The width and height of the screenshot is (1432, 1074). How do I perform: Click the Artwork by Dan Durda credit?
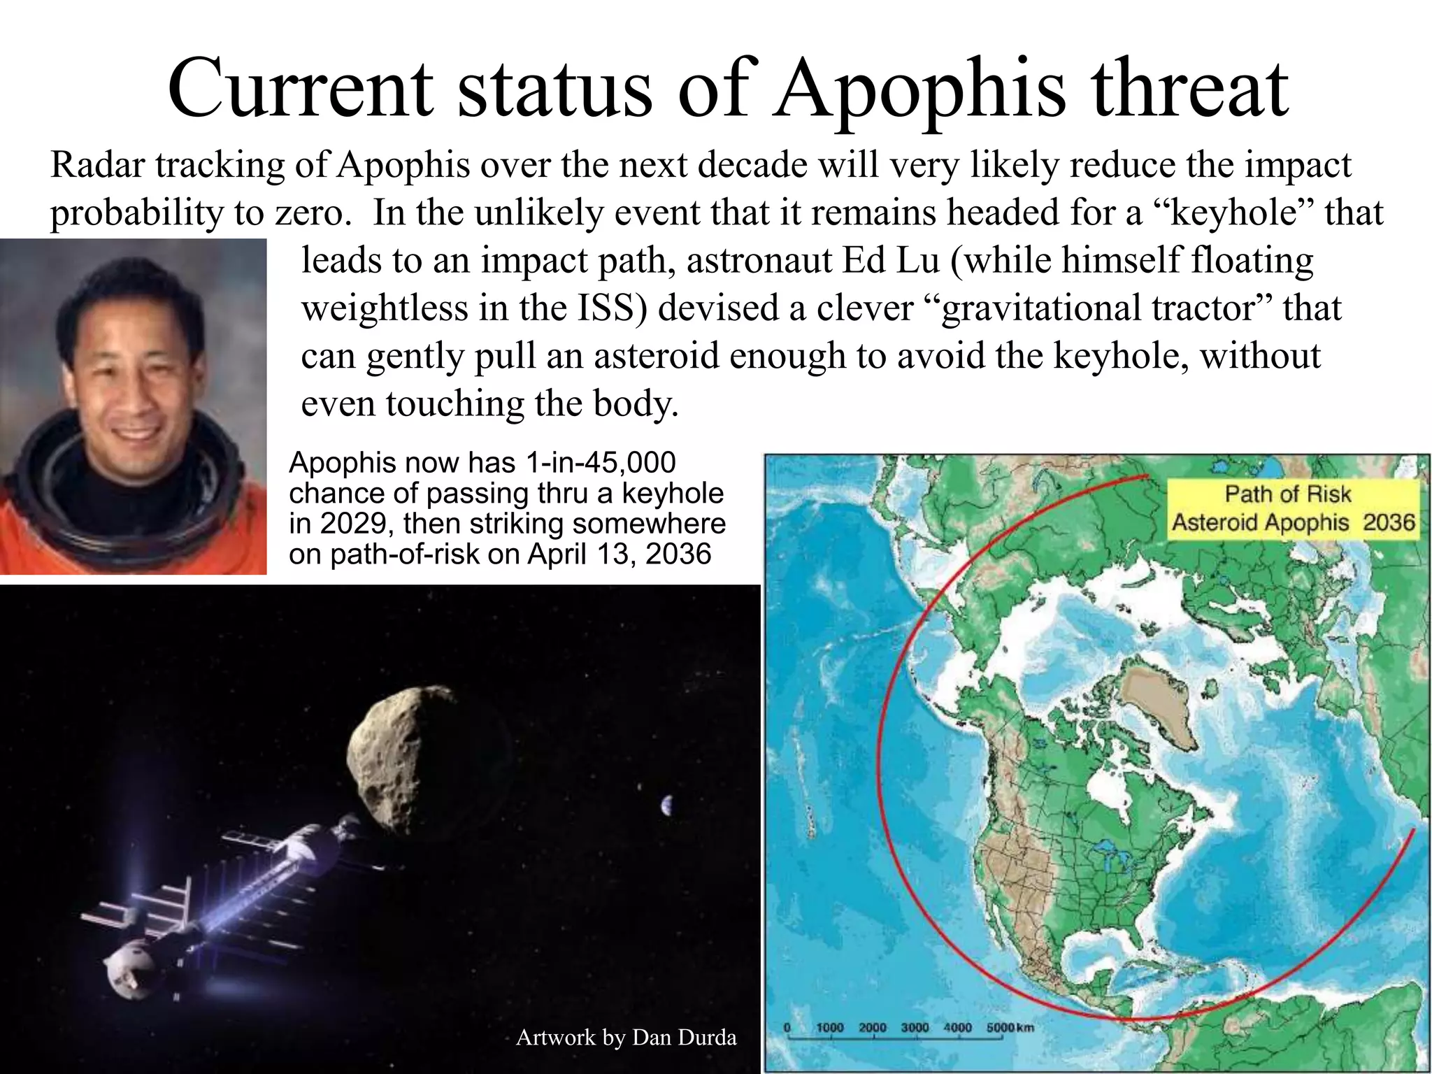coord(626,1037)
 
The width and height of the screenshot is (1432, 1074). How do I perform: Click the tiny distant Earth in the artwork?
coord(666,806)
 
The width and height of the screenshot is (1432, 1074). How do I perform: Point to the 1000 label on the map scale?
coord(829,1027)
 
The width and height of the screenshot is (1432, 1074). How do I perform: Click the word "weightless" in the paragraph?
coord(384,308)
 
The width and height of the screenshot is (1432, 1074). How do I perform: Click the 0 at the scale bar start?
coord(787,1027)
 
